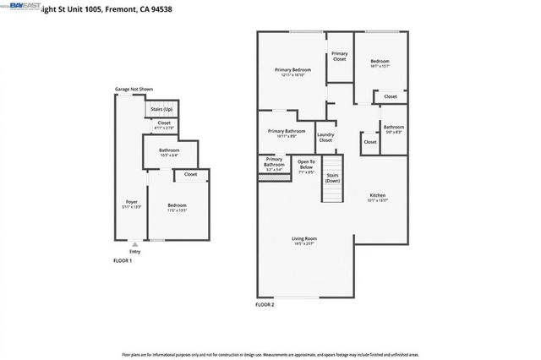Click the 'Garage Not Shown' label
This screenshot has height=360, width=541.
pyautogui.click(x=134, y=89)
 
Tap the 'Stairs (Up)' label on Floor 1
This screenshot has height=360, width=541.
pyautogui.click(x=161, y=109)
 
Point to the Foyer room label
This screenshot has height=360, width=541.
pyautogui.click(x=132, y=202)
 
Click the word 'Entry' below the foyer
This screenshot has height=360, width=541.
pyautogui.click(x=135, y=251)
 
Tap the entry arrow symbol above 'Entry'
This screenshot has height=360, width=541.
pyautogui.click(x=135, y=243)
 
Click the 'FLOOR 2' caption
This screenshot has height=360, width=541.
pyautogui.click(x=265, y=304)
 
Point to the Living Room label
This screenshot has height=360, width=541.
pyautogui.click(x=304, y=239)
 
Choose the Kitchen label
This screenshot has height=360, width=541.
pyautogui.click(x=377, y=196)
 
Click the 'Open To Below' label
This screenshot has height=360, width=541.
pyautogui.click(x=306, y=165)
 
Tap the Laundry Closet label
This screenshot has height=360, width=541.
pyautogui.click(x=325, y=137)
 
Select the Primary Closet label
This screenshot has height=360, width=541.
pyautogui.click(x=339, y=57)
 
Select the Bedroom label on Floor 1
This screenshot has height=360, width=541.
pyautogui.click(x=177, y=205)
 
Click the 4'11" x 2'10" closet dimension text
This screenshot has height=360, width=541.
pyautogui.click(x=163, y=128)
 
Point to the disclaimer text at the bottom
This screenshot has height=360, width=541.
pyautogui.click(x=270, y=353)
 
